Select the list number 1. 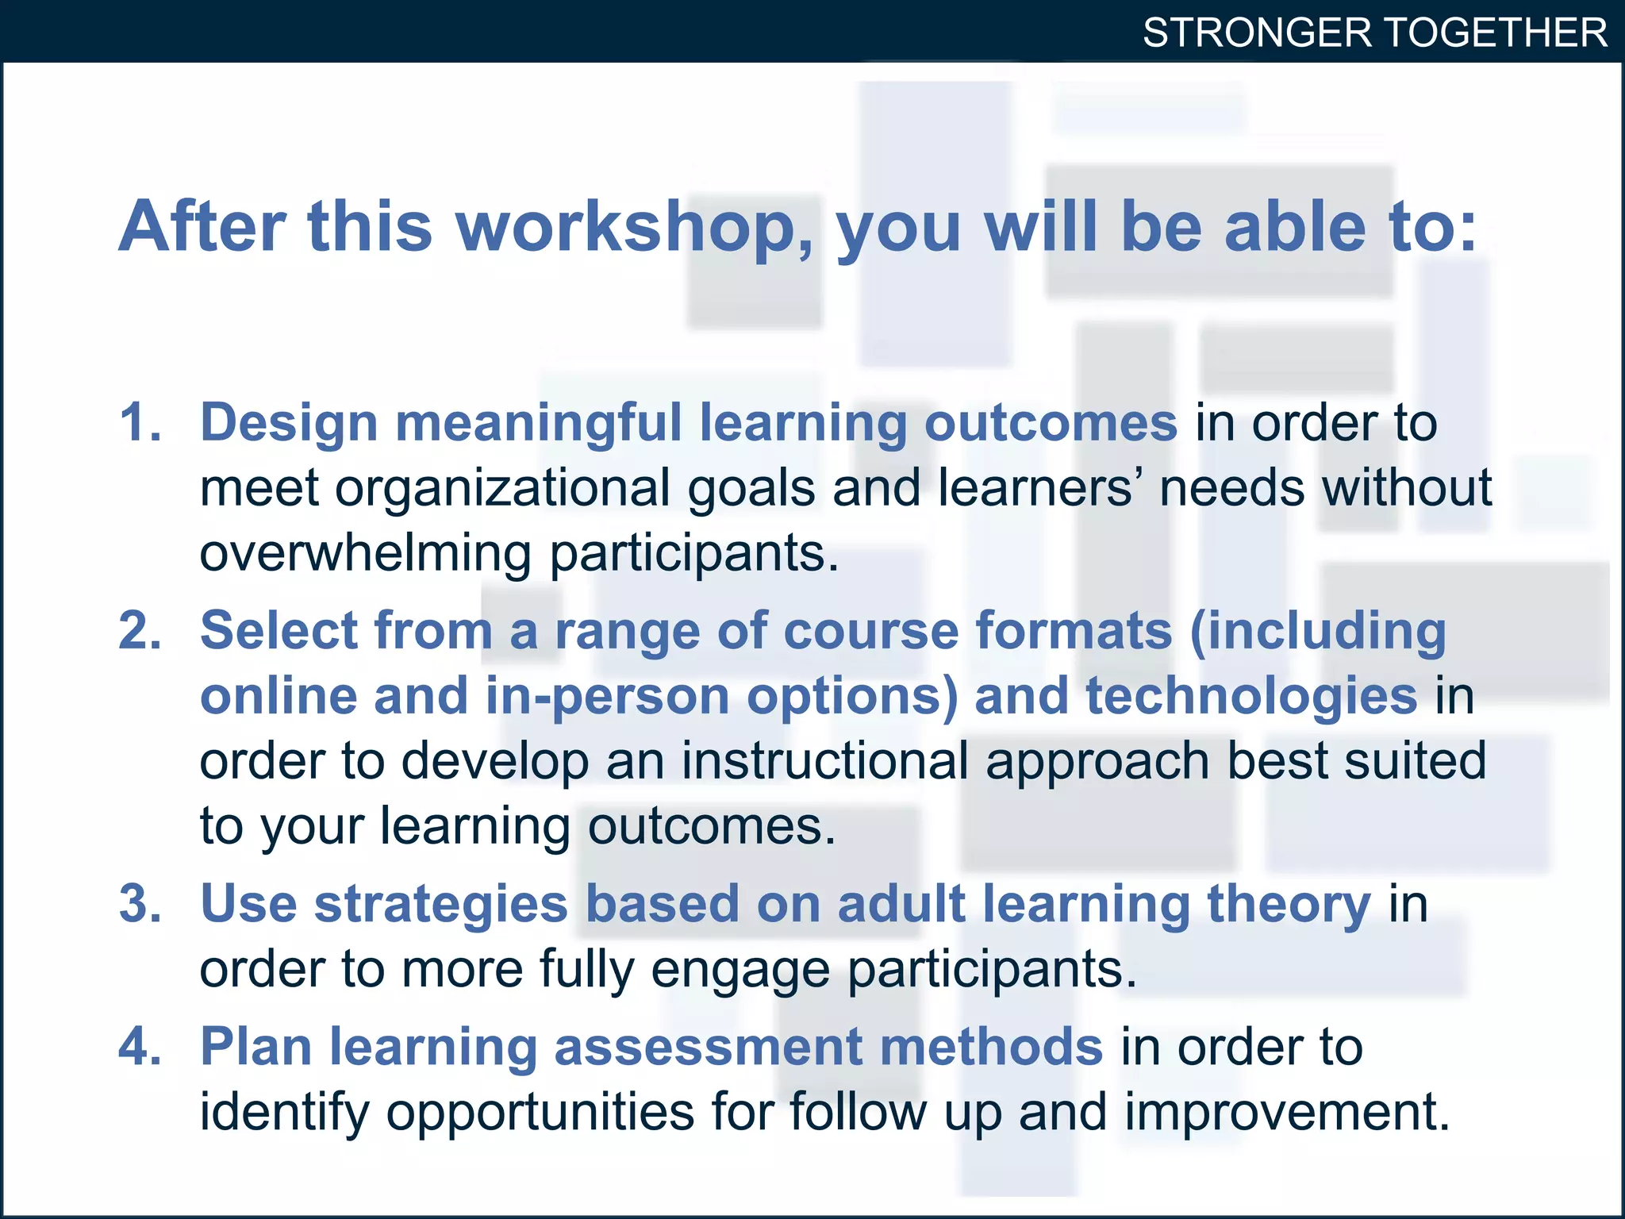(x=140, y=422)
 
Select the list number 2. (x=140, y=631)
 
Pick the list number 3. (x=140, y=904)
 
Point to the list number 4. (x=140, y=1047)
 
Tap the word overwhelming (x=365, y=553)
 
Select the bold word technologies (x=1251, y=696)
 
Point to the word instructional (x=825, y=761)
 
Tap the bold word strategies (x=441, y=906)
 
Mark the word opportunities (x=540, y=1113)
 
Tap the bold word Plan (x=255, y=1047)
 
